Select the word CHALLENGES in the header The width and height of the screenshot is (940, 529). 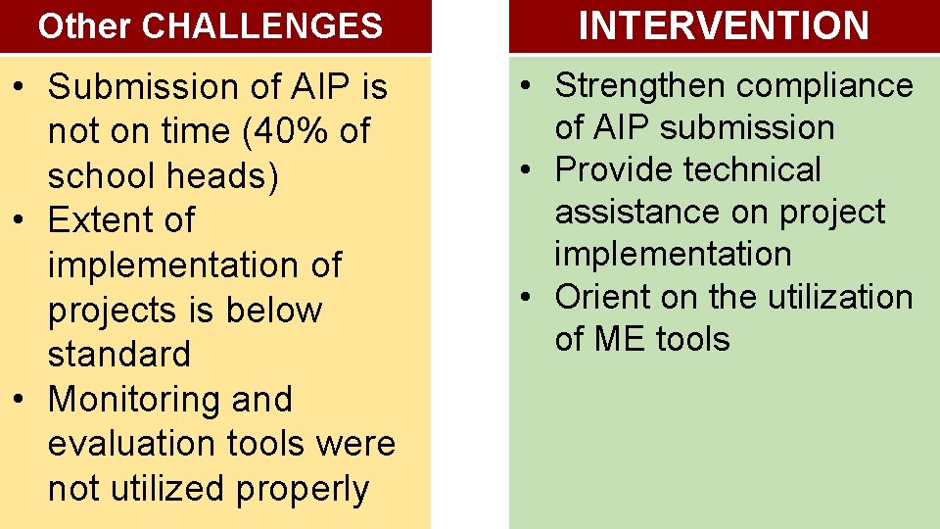pos(262,26)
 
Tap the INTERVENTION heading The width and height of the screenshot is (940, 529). pos(724,26)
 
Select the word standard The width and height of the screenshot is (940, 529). pos(118,354)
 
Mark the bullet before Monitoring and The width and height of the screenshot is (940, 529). pos(20,400)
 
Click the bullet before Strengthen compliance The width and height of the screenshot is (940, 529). pos(528,86)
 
